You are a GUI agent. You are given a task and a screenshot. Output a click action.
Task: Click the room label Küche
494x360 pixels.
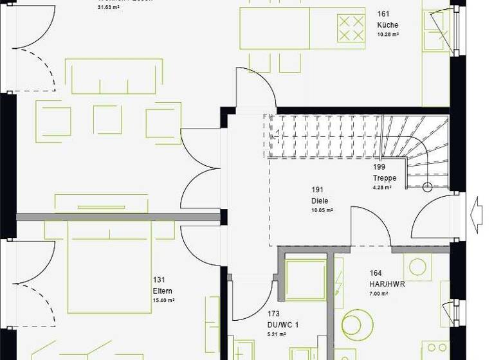tap(387, 25)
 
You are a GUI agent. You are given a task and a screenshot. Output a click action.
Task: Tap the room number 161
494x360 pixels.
tap(383, 14)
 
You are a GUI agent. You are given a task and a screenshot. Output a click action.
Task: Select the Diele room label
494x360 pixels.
tap(320, 201)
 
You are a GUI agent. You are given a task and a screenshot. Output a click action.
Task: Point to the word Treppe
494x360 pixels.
tap(385, 178)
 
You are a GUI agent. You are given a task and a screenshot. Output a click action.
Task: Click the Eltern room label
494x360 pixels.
tap(163, 291)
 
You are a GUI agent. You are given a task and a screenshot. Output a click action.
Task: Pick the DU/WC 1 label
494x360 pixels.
tap(283, 326)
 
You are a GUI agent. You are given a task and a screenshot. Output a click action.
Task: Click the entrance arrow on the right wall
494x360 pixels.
tap(477, 211)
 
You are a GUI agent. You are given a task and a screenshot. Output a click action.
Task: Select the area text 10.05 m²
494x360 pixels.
tap(322, 210)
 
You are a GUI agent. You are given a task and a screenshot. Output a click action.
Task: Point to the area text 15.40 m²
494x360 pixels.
tap(163, 300)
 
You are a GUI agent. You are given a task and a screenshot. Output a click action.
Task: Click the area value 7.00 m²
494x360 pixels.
tap(379, 294)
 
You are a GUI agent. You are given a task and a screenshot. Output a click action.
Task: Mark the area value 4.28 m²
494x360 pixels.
tap(382, 188)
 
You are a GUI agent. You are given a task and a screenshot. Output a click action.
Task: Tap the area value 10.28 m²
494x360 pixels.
tap(388, 34)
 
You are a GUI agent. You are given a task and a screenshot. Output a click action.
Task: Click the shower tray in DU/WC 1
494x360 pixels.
tap(305, 280)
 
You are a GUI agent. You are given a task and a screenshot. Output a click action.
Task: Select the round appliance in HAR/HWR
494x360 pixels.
tap(358, 325)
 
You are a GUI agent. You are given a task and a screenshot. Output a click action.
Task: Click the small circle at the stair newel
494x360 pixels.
tap(426, 188)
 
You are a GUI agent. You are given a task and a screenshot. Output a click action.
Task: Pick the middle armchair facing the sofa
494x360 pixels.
tap(107, 120)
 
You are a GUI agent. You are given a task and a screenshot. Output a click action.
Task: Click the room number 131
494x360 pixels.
tap(159, 280)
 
